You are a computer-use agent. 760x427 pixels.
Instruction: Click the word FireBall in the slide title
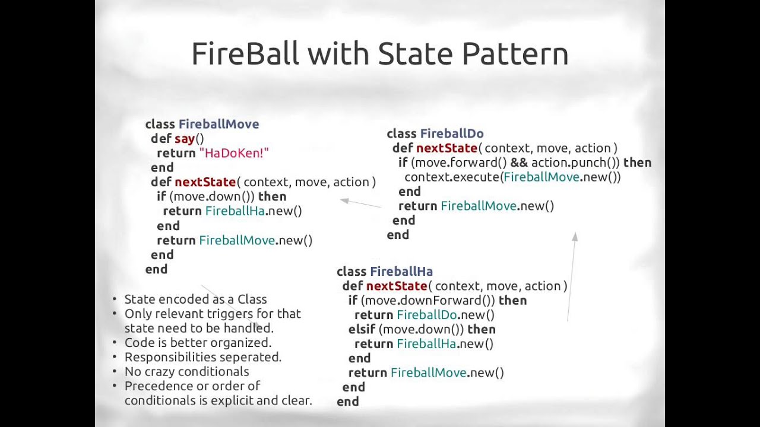tap(245, 54)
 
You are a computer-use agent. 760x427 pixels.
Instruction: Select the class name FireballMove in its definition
tap(218, 124)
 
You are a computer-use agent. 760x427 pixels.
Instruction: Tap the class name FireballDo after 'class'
tap(452, 134)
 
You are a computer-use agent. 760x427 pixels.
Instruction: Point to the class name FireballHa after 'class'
tap(401, 272)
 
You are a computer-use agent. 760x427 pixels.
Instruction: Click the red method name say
tap(185, 139)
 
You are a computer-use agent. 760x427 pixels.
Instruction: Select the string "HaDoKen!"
tap(234, 153)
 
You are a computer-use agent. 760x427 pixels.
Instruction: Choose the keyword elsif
tap(362, 329)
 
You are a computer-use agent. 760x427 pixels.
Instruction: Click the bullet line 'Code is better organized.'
tap(197, 343)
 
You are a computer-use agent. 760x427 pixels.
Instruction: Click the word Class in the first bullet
tap(252, 299)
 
